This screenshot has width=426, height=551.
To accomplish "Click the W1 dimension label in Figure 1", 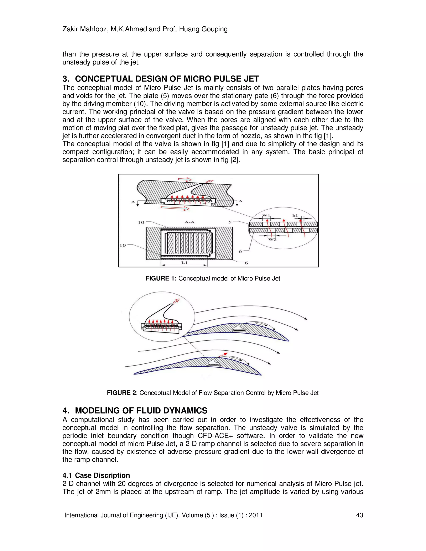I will coord(266,215).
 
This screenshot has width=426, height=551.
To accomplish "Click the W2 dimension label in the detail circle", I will coord(272,239).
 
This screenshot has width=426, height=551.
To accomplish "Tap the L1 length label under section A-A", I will coord(184,262).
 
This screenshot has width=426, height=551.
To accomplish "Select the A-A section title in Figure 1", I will coord(189,222).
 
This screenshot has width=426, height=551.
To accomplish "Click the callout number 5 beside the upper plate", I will coord(230,222).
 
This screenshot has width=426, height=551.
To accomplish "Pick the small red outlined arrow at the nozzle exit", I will coord(209,181).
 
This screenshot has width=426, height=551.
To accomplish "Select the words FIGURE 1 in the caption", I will coord(161,279).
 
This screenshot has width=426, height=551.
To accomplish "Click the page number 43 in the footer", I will coord(359,515).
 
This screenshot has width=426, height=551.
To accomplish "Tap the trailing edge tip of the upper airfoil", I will coord(288,341).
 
